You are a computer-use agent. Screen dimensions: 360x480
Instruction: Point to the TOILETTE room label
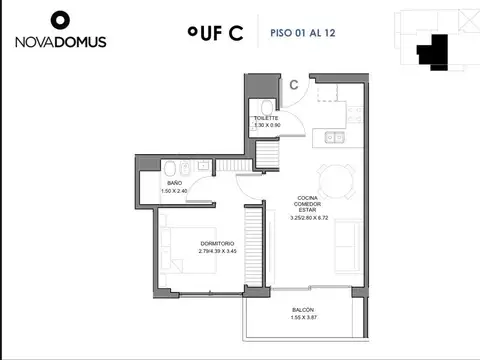pos(266,117)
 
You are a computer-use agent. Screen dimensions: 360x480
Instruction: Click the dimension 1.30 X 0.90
pos(266,125)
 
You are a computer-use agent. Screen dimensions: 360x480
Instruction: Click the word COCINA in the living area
pos(307,197)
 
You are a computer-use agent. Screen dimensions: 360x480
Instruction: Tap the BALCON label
pos(304,310)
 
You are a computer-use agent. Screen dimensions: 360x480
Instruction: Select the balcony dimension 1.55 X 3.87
pos(304,318)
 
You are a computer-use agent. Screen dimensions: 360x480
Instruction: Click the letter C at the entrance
pos(294,85)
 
